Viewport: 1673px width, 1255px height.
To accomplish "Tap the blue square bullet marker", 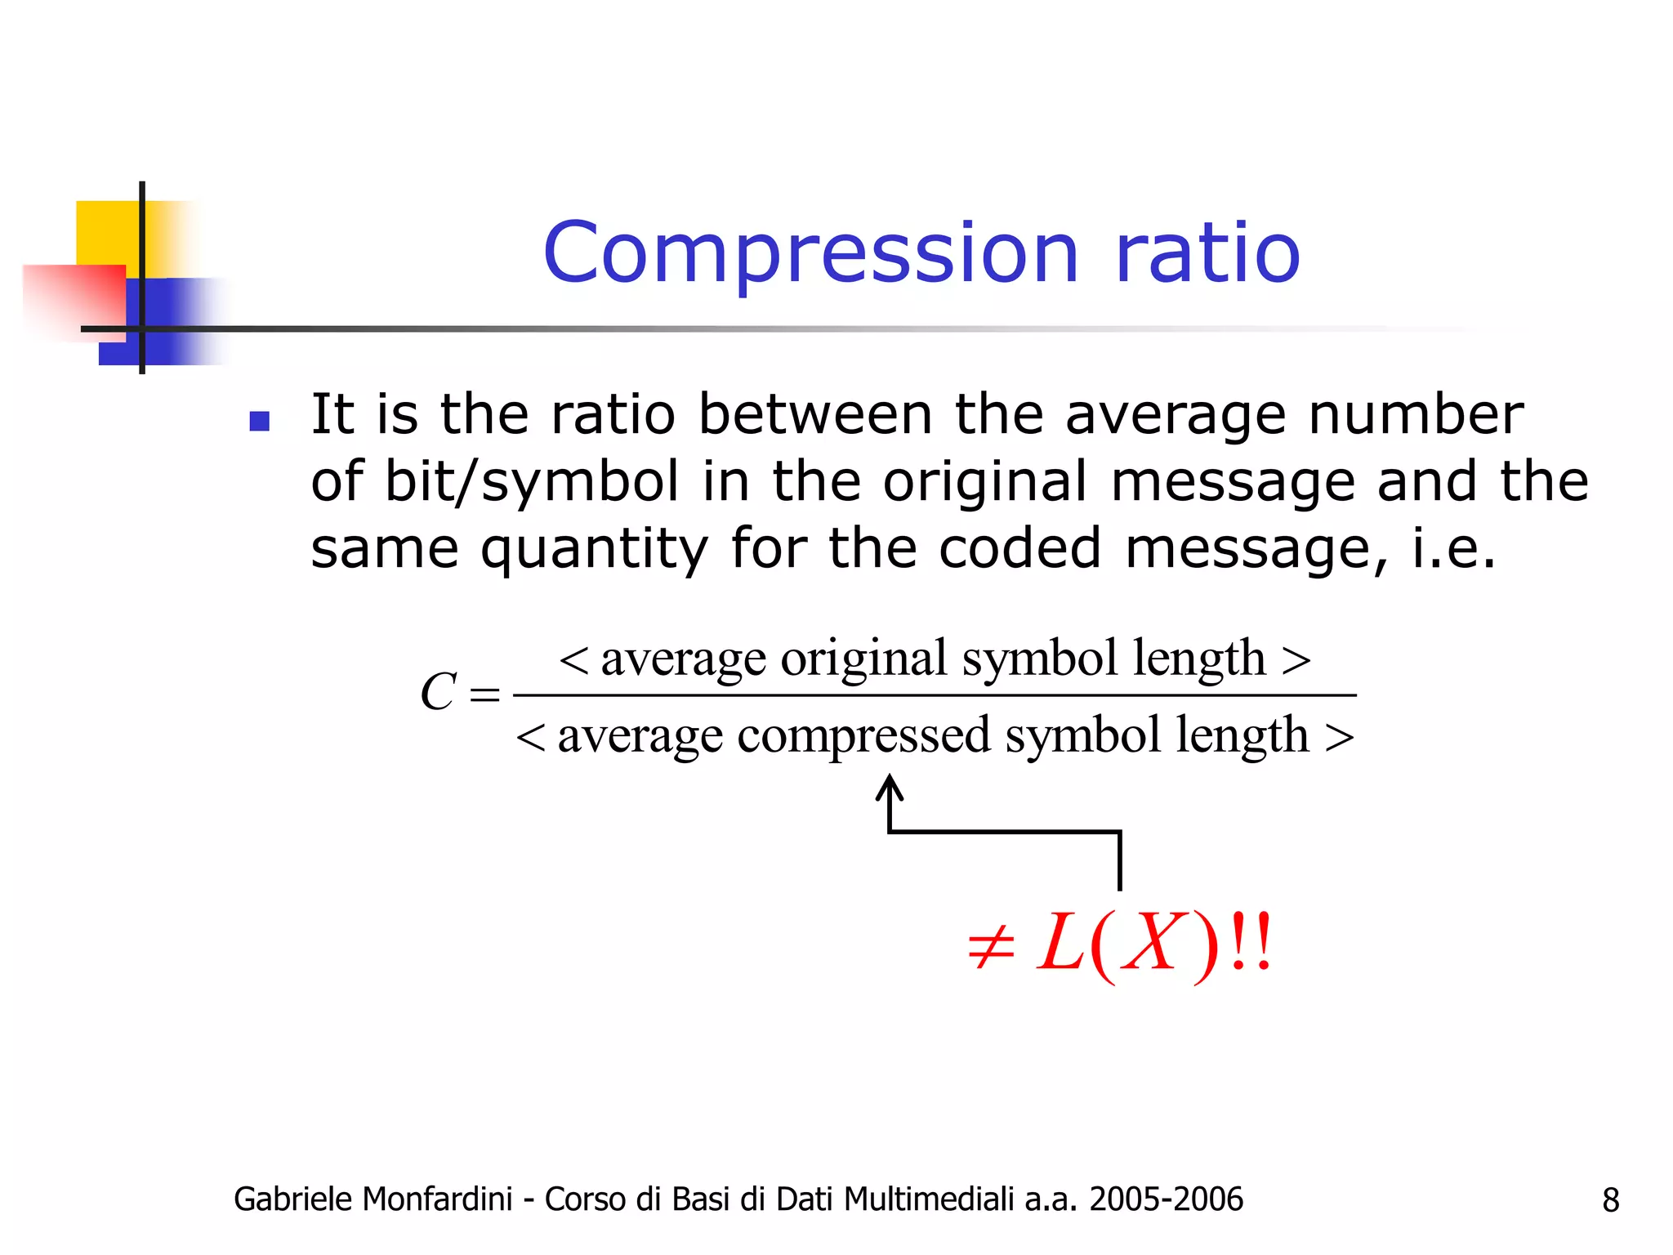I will click(x=260, y=421).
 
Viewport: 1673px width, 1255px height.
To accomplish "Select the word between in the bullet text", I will click(x=814, y=414).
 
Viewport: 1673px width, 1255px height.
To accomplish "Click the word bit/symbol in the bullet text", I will click(x=531, y=482).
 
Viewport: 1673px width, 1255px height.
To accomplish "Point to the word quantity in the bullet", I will click(x=594, y=549).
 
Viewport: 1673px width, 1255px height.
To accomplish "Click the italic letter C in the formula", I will click(x=438, y=693).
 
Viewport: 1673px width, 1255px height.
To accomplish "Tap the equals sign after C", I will click(x=484, y=695).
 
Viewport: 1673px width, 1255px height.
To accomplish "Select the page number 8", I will click(x=1610, y=1200).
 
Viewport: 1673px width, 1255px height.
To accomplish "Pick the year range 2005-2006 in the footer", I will click(x=1166, y=1199).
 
